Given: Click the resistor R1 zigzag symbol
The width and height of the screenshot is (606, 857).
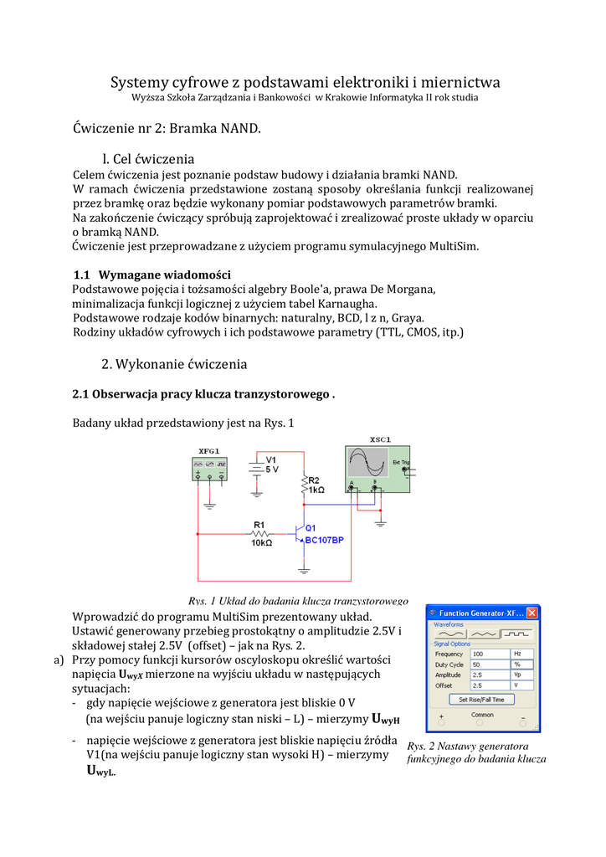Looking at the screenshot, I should (x=260, y=533).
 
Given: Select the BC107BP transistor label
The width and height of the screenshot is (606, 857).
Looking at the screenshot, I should (x=324, y=541).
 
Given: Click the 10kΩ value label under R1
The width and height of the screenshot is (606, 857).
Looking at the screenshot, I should (x=261, y=543).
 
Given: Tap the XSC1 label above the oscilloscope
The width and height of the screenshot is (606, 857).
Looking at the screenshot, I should (x=380, y=440).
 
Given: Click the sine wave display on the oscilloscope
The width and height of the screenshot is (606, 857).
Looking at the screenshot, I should (x=367, y=463).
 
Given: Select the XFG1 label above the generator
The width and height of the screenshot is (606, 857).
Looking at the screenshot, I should (x=208, y=451).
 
